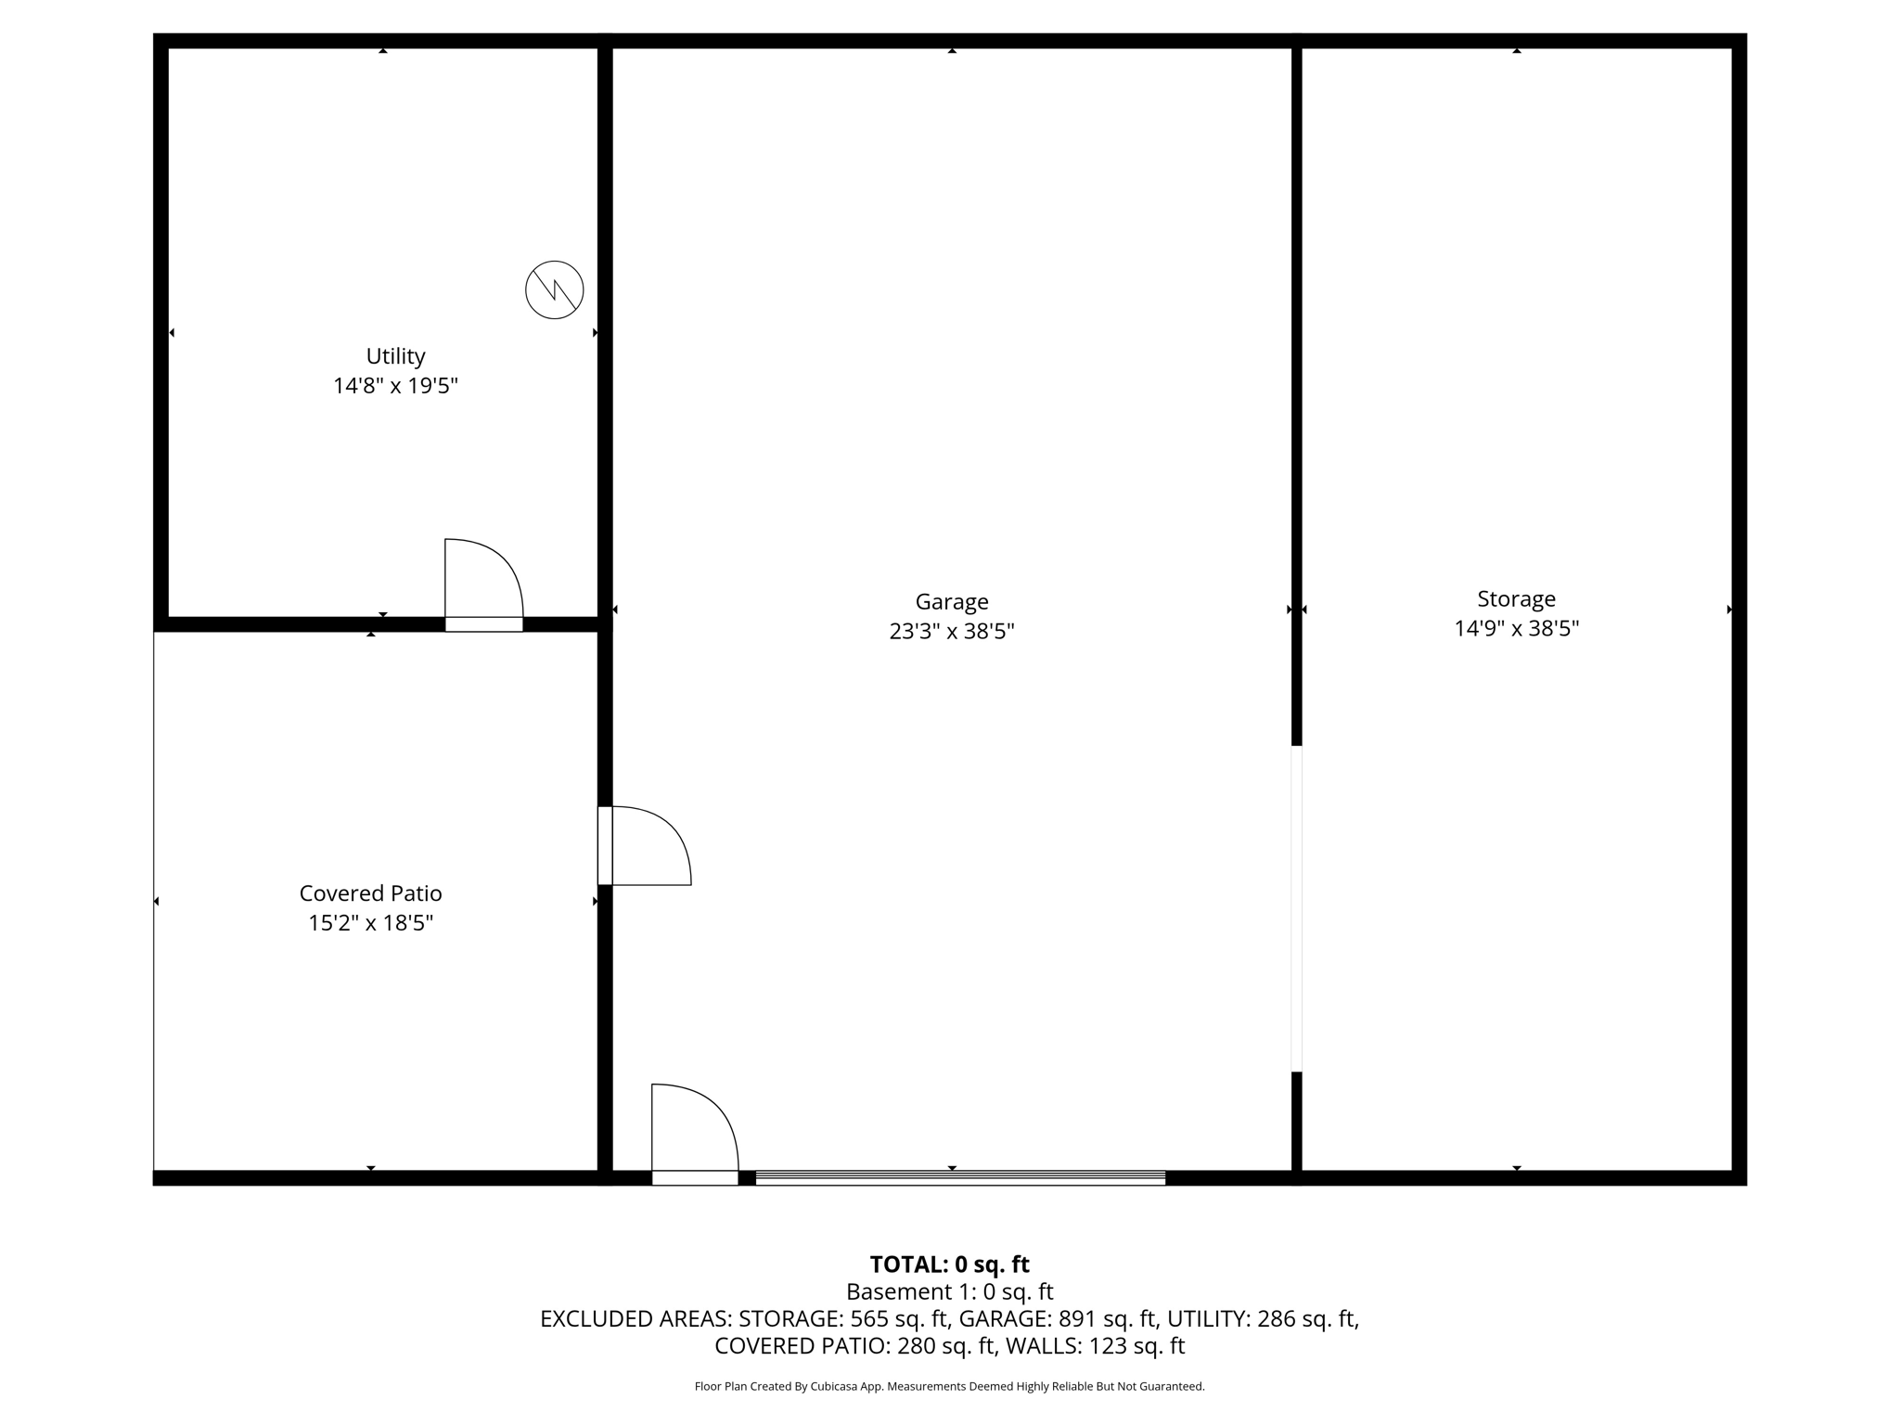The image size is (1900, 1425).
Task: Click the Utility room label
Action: click(395, 356)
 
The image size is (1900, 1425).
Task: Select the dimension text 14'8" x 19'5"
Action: click(395, 386)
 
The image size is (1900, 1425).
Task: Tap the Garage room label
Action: click(951, 602)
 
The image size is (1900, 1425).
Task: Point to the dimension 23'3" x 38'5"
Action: click(951, 632)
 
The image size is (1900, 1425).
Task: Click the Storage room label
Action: click(1516, 599)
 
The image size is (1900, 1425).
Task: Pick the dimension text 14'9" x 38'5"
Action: click(1516, 629)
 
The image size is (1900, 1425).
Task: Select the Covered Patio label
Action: click(370, 893)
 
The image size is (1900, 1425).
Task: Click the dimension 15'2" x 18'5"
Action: click(370, 923)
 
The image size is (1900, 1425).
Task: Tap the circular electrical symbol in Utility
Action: click(554, 289)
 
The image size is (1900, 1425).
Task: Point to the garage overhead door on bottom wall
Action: click(960, 1178)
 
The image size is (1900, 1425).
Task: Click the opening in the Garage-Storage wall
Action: click(1296, 908)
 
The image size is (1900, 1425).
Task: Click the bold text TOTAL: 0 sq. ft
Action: click(949, 1265)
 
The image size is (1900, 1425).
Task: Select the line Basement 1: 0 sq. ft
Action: click(949, 1291)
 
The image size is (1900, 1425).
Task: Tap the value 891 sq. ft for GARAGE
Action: click(1108, 1318)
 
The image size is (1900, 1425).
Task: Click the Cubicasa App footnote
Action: click(949, 1387)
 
